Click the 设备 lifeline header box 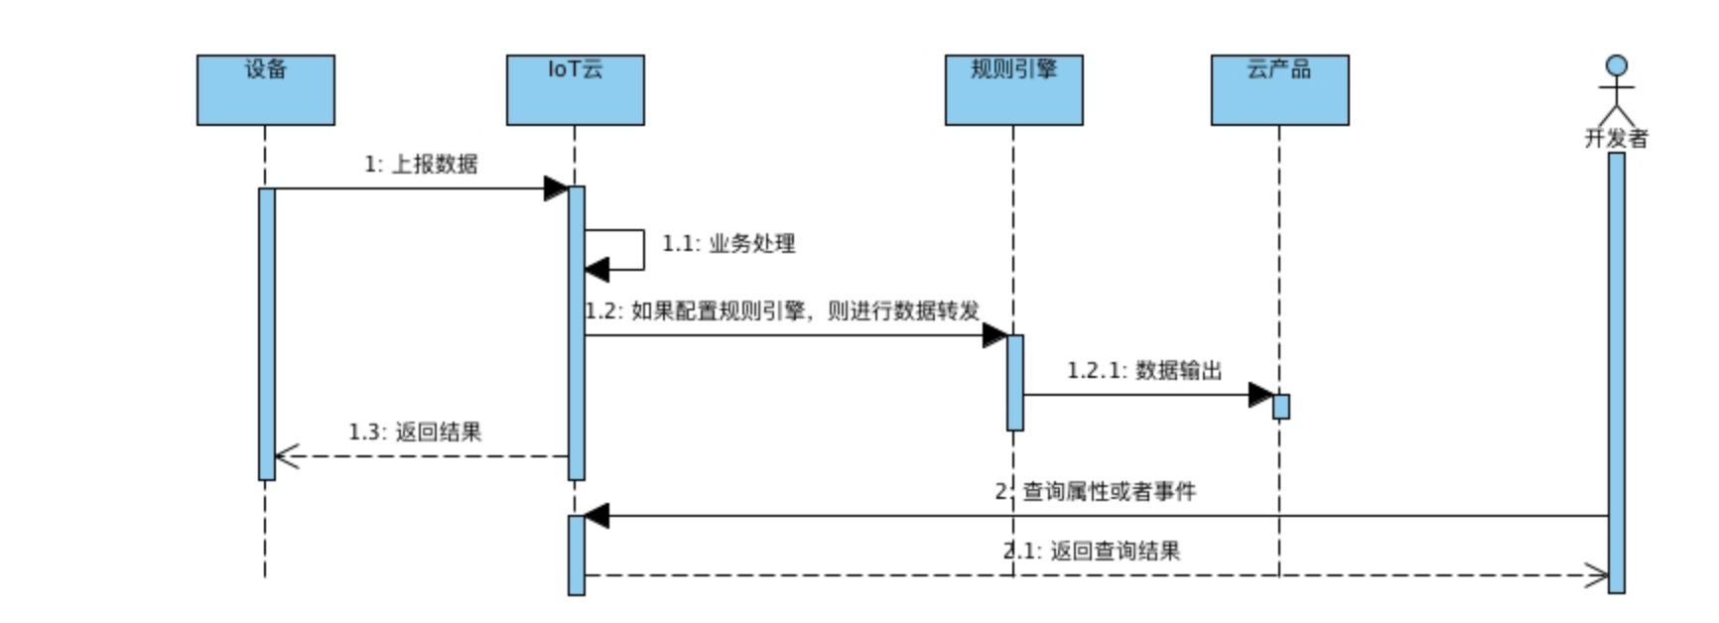tap(265, 90)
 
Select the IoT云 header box tap(575, 90)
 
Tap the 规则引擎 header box tap(1013, 90)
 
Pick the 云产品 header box tap(1279, 90)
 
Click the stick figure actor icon tap(1616, 89)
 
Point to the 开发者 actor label tap(1616, 139)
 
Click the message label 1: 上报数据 tap(421, 164)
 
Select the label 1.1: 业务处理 tap(728, 243)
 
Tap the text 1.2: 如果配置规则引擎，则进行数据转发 tap(782, 311)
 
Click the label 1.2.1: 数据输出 tap(1144, 370)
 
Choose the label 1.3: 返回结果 tap(415, 432)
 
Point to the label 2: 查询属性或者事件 tap(1096, 491)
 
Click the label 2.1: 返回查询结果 tap(1092, 551)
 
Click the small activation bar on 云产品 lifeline tap(1280, 407)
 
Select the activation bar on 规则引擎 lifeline tap(1014, 382)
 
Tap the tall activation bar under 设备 tap(266, 333)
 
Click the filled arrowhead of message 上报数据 tap(556, 188)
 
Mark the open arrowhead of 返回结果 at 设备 tap(286, 456)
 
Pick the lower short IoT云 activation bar tap(576, 555)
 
